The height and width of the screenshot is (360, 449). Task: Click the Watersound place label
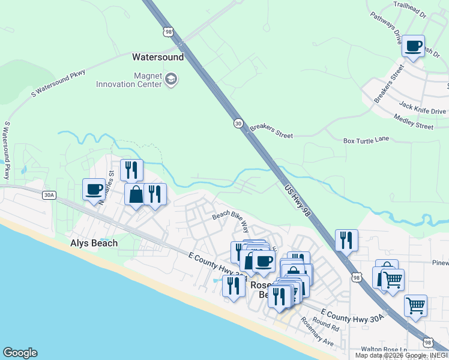(157, 58)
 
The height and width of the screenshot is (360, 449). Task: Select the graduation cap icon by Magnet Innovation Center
(171, 79)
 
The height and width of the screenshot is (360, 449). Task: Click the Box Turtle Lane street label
(366, 140)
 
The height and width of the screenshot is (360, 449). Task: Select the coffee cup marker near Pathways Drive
(413, 47)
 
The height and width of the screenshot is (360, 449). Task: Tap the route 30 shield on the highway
(238, 123)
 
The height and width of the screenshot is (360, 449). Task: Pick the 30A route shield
(49, 194)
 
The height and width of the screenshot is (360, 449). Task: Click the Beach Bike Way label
(231, 220)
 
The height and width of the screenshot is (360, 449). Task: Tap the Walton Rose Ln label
(384, 349)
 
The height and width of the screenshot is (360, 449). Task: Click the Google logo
(20, 353)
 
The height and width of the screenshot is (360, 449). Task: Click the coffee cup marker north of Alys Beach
(94, 190)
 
